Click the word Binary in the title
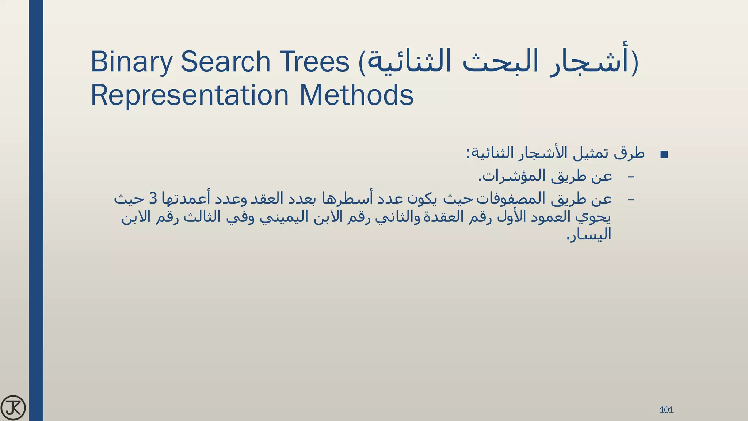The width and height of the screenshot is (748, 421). pos(131,62)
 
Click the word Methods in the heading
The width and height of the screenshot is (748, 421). pos(356,95)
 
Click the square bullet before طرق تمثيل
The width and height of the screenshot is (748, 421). pos(664,155)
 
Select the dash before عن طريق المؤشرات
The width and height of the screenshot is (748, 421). pos(631,177)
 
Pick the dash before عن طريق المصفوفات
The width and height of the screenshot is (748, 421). pos(631,200)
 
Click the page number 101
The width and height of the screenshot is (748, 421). pos(666,410)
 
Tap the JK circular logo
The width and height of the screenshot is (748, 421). pos(13,408)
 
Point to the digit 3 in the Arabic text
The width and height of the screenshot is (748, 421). pos(153,199)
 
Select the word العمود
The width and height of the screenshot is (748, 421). pos(551,217)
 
